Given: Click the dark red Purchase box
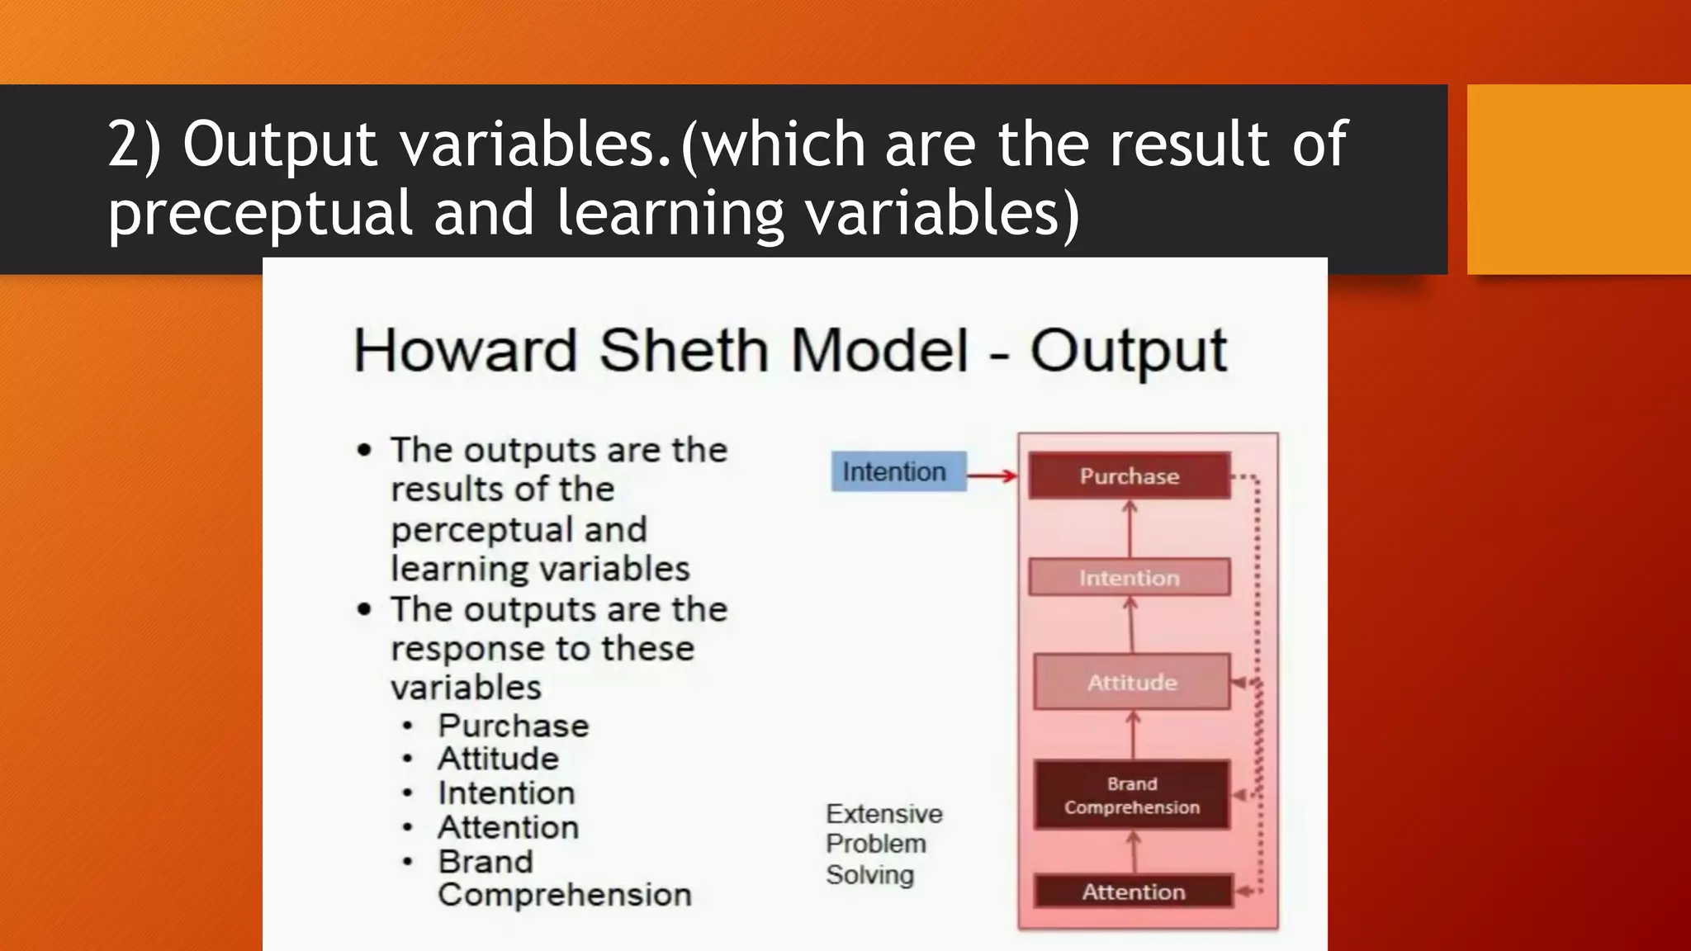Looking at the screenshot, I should point(1129,475).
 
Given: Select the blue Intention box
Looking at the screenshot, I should point(898,471).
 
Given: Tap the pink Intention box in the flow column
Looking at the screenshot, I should point(1129,577).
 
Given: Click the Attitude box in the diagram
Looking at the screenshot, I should point(1131,682).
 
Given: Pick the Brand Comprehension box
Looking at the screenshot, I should point(1131,795).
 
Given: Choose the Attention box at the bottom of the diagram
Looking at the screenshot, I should point(1133,892).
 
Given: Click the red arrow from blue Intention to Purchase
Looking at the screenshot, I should point(992,475).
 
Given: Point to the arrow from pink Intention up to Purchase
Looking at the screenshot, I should point(1130,528).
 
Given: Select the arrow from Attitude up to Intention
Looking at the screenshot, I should point(1130,624).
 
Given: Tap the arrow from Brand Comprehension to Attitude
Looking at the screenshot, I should point(1133,735).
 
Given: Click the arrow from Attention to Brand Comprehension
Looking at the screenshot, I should point(1134,851).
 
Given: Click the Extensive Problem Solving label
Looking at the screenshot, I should point(883,844).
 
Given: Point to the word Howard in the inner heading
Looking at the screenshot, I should point(465,350).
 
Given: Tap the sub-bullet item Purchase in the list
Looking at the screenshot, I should point(513,726).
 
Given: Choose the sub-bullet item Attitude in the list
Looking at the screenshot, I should point(498,759).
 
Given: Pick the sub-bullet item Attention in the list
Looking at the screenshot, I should point(508,827).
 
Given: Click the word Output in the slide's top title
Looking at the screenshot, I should point(280,144).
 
